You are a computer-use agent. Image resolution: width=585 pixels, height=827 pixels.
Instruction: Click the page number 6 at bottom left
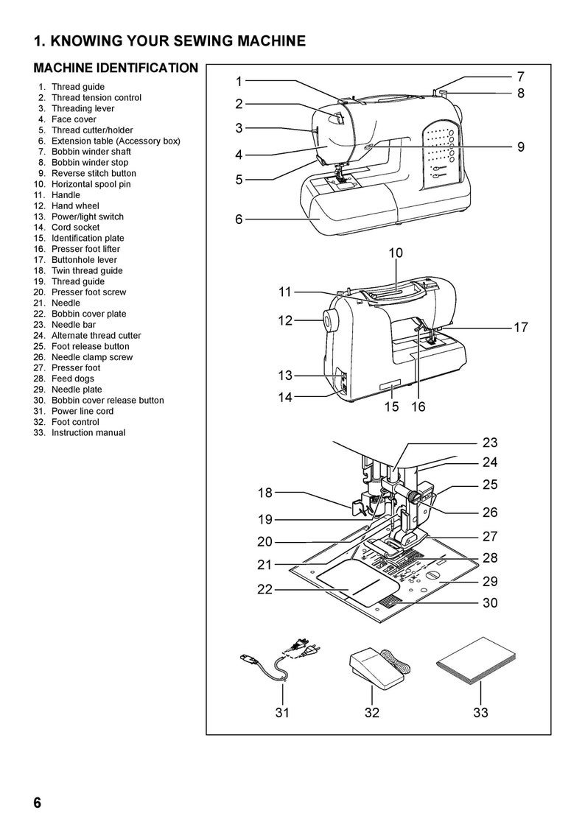[37, 802]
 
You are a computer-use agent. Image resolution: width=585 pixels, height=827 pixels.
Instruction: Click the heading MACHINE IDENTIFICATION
[116, 68]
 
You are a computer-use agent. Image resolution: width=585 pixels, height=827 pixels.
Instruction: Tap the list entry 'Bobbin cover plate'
[88, 314]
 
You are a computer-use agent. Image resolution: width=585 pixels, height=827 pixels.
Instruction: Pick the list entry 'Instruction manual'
[88, 433]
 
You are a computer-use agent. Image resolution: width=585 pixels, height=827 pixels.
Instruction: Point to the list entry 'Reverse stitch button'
[93, 174]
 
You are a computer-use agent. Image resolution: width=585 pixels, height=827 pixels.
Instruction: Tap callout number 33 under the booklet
[480, 712]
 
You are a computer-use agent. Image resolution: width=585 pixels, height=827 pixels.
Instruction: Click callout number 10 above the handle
[396, 253]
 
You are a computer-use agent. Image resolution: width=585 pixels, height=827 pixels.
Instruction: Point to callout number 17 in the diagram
[520, 328]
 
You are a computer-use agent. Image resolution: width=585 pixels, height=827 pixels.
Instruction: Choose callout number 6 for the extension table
[239, 219]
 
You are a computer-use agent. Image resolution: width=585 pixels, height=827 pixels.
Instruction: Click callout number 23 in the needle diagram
[490, 443]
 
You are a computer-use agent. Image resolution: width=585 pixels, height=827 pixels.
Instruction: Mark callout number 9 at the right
[520, 147]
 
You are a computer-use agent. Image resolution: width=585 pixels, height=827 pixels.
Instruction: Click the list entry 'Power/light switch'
[87, 217]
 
